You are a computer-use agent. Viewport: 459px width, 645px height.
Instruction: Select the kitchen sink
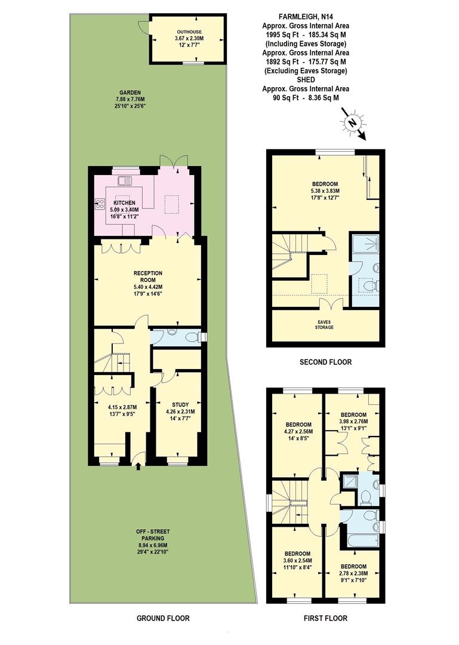(x=126, y=180)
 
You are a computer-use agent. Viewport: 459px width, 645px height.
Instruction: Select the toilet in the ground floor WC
(x=192, y=338)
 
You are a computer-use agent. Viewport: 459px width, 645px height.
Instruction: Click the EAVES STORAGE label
(x=325, y=324)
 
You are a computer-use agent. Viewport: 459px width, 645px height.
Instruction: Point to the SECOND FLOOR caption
(x=326, y=362)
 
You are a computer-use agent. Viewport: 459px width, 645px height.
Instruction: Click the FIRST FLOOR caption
(x=326, y=618)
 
